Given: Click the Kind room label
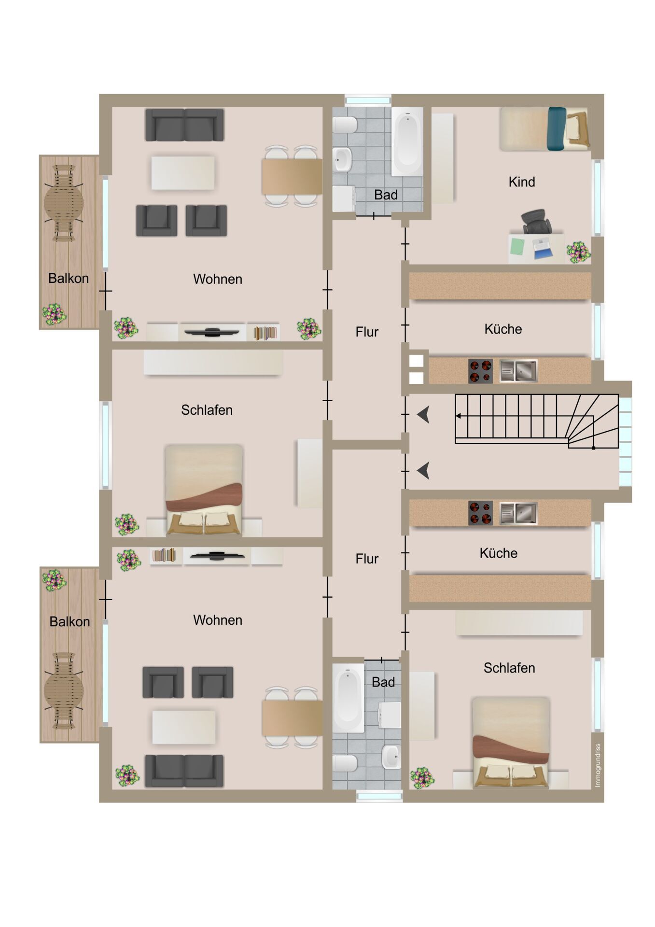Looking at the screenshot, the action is click(522, 182).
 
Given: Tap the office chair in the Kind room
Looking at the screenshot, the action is click(536, 222).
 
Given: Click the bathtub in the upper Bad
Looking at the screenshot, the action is click(407, 141).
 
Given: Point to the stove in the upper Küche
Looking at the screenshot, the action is click(480, 371).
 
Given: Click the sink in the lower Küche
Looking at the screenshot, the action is click(518, 513).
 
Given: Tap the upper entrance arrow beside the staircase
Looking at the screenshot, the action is click(423, 415).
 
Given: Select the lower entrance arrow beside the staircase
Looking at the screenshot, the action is click(423, 470).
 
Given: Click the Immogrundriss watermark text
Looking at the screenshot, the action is click(598, 765).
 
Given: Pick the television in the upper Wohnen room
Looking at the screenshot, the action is click(212, 332).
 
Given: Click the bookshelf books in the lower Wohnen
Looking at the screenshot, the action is click(164, 555).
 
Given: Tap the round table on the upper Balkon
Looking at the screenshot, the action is click(64, 203).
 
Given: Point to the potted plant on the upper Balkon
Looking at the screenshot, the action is click(54, 315).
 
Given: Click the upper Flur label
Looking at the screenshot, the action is click(367, 332).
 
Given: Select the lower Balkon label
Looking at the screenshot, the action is click(70, 622).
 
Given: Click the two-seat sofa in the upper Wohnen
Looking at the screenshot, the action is click(184, 125).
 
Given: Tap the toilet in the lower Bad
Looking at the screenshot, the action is click(345, 763).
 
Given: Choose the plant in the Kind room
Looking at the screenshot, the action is click(578, 252).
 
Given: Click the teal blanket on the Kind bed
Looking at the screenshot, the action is click(557, 129).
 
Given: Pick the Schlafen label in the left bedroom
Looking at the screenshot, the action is click(207, 410).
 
